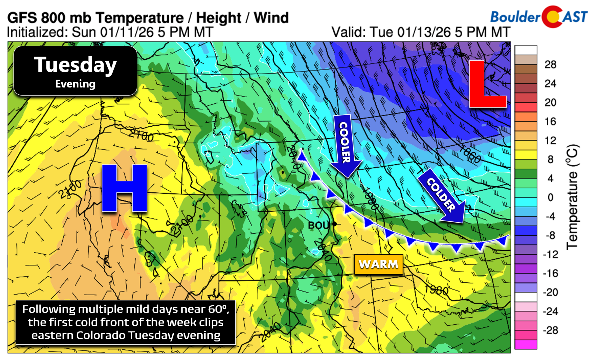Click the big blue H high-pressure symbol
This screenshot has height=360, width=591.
coord(124,188)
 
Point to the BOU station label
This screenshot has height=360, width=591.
coord(318,225)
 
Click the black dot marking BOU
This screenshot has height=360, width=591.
coord(334,224)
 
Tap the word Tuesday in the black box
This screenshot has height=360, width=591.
coord(75,65)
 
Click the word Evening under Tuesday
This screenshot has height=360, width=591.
coord(75,84)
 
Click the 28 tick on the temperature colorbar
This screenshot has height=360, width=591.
coord(550,65)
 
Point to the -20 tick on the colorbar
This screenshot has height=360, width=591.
coord(550,292)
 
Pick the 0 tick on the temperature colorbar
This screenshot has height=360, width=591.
coord(550,197)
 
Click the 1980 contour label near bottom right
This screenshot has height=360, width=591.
coord(436,290)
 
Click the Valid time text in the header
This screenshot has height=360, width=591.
coord(421,32)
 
